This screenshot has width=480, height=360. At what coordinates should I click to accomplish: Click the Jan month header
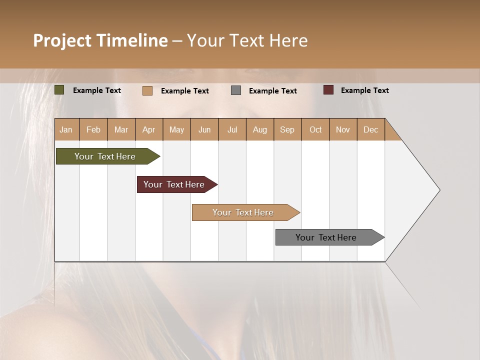click(66, 129)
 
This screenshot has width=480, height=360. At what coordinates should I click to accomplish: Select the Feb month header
click(93, 129)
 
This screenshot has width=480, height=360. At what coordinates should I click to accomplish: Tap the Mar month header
click(121, 129)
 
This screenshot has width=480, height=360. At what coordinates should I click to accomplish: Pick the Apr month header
click(149, 129)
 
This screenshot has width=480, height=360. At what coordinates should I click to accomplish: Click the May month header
click(176, 129)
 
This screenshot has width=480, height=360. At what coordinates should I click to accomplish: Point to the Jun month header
click(204, 129)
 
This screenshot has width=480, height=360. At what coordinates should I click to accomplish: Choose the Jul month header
click(232, 129)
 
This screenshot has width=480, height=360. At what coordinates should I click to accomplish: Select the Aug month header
click(260, 129)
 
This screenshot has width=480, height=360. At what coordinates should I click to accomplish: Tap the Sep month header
click(287, 129)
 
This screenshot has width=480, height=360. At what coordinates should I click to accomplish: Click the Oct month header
click(315, 129)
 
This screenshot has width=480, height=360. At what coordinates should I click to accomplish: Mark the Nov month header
click(343, 129)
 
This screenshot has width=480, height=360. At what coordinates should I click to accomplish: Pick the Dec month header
click(370, 129)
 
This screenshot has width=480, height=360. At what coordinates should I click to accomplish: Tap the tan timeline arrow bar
click(243, 212)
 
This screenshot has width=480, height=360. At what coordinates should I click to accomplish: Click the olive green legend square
click(59, 90)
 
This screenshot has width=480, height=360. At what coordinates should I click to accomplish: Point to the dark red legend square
click(328, 90)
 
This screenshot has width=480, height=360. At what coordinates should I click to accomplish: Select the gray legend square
click(236, 90)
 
